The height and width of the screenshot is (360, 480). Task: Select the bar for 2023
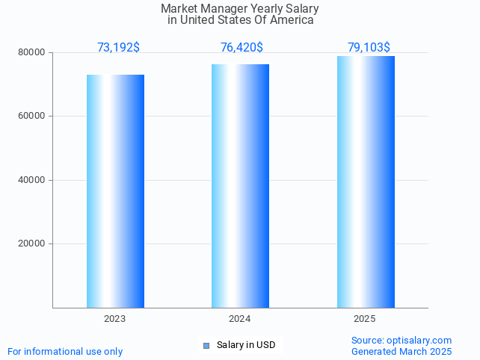coord(115,191)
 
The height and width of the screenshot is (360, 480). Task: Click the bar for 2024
coord(240,186)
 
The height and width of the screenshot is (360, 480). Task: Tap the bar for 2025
coord(366,181)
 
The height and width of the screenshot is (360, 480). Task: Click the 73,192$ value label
coord(118,48)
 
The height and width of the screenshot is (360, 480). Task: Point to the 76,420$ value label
coord(241,48)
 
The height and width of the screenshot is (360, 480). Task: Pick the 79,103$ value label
coord(369,48)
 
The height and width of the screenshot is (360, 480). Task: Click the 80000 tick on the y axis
coord(32,53)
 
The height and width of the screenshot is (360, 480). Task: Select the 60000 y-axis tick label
coord(32,117)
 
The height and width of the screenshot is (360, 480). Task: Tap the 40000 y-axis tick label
coord(32,180)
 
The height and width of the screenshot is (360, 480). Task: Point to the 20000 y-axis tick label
coord(32,243)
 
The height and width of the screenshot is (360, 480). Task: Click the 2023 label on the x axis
coord(115,319)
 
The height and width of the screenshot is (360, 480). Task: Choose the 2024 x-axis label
coord(240,319)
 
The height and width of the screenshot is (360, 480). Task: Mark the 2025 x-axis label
coord(365,319)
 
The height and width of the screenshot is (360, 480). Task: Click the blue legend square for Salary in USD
coord(206,345)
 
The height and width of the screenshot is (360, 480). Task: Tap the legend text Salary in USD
coord(246,345)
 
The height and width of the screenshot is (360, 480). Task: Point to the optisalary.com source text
coord(401,341)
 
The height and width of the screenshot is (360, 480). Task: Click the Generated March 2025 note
coord(401,351)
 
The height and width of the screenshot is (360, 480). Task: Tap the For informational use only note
coord(65,351)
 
